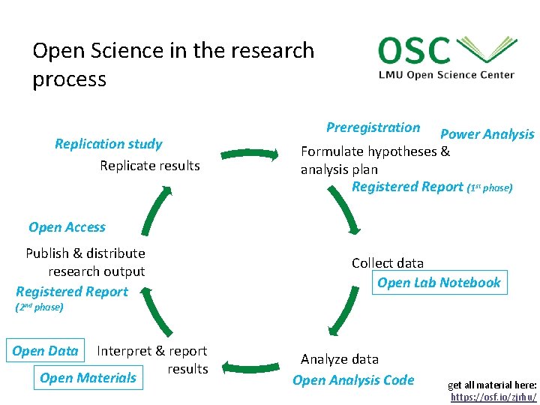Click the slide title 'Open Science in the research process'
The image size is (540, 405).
(x=173, y=64)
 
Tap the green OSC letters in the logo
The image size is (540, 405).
(x=414, y=51)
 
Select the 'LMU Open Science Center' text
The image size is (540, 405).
(x=446, y=74)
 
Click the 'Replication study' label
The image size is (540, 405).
(x=108, y=144)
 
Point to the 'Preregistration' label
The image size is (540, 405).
(x=373, y=127)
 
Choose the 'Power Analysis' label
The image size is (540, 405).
(x=487, y=134)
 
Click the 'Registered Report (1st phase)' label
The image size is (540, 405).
(x=432, y=187)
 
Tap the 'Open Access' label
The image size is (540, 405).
(x=67, y=227)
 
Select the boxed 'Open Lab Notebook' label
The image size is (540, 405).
(x=439, y=283)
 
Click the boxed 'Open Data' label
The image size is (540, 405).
(x=45, y=351)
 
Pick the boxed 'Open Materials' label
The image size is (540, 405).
(x=88, y=378)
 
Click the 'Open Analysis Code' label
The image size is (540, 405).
(x=353, y=380)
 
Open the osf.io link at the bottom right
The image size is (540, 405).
(x=493, y=397)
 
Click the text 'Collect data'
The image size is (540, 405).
(x=388, y=263)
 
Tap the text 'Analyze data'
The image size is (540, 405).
(x=340, y=359)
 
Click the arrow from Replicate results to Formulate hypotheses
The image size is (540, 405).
(x=249, y=155)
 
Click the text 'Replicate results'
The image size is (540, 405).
(x=150, y=165)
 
